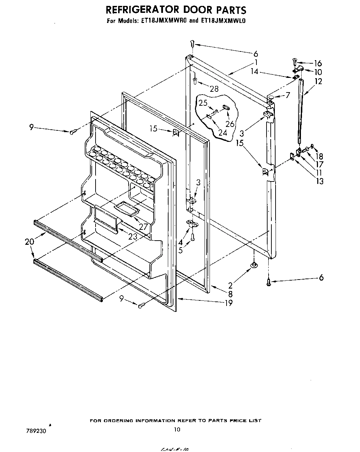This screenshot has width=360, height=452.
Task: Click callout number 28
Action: [x=214, y=89]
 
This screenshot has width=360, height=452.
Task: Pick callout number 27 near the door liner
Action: [x=143, y=226]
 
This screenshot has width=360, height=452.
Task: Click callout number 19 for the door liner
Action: [x=228, y=302]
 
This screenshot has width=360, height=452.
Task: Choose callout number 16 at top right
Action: [x=318, y=63]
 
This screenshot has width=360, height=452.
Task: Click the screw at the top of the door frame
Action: [x=193, y=43]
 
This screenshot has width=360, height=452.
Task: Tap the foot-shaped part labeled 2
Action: [x=254, y=266]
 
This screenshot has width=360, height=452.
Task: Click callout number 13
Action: [x=319, y=181]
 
